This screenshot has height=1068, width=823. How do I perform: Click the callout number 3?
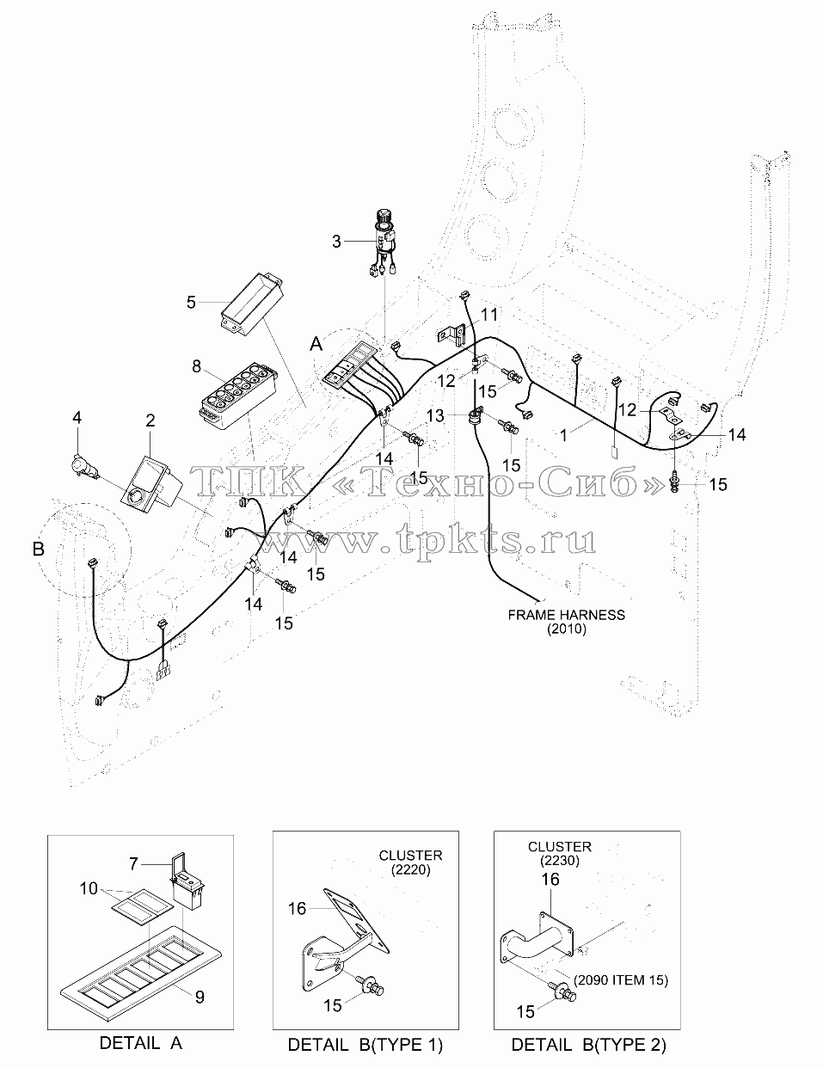336,242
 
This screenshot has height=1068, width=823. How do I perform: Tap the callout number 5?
191,302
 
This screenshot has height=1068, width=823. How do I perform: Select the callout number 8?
197,366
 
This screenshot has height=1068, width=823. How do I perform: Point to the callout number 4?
77,418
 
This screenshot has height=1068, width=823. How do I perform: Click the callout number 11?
488,315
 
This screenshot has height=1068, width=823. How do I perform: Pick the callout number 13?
435,416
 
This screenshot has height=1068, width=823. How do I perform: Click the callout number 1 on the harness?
563,435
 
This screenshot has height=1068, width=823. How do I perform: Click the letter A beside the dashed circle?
316,345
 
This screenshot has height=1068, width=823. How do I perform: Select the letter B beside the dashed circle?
39,549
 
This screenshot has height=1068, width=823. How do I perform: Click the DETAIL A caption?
141,1042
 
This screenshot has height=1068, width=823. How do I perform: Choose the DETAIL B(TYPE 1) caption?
365,1045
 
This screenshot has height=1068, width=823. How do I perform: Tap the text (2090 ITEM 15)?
621,980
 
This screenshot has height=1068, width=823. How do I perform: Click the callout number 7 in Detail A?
133,863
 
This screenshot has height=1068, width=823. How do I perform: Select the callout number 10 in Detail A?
89,888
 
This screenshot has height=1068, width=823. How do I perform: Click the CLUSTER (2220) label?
410,862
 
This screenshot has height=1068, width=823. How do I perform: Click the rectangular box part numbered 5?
252,304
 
